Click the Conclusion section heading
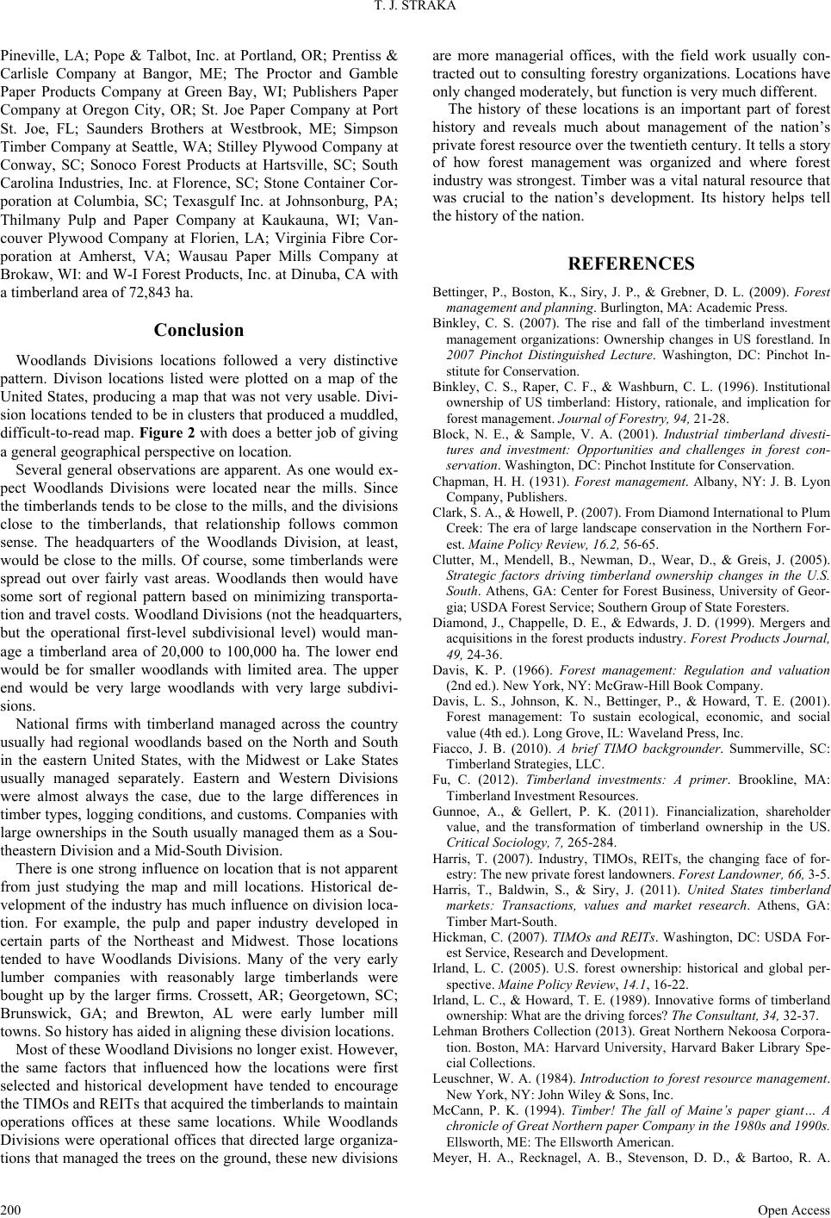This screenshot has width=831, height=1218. pos(198,330)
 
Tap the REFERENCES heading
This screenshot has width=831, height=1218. pos(630,264)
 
